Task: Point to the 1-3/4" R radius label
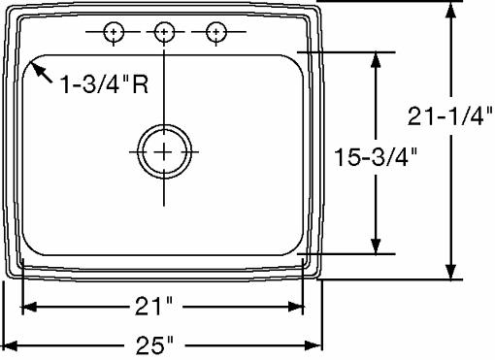[104, 84]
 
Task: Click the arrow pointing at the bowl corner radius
[41, 72]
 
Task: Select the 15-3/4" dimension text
[376, 157]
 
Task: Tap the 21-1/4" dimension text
[449, 115]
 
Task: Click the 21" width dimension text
[153, 307]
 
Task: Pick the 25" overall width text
[154, 344]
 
